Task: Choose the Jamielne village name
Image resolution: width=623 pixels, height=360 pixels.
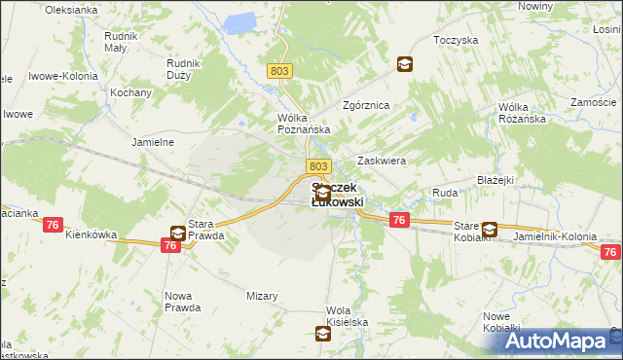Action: pos(152,141)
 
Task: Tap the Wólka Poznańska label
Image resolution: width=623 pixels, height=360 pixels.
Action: pos(305,123)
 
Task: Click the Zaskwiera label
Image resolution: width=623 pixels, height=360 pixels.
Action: pos(382,161)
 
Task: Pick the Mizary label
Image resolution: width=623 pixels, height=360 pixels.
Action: pos(262,296)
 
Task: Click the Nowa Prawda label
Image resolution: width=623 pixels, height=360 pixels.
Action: pos(183,302)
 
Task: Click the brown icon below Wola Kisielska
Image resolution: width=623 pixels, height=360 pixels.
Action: pos(323,335)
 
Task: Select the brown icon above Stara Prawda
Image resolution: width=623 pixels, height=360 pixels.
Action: pos(178,234)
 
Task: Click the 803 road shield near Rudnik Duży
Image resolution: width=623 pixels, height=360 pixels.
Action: pos(279,70)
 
